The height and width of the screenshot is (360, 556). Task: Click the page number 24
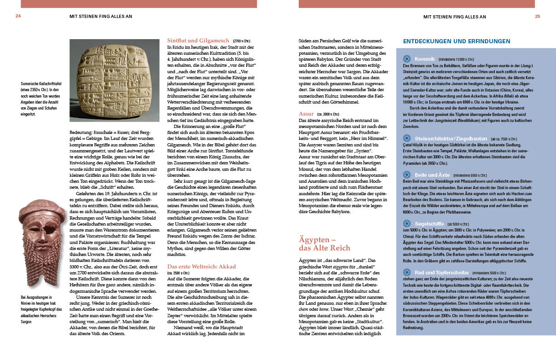pos(18,17)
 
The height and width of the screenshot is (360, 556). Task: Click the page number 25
pos(537,17)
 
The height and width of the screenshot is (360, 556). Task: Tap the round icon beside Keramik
pos(407,59)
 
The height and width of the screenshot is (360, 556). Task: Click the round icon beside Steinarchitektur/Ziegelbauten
pos(407,138)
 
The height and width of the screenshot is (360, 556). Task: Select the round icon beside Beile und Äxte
pos(407,175)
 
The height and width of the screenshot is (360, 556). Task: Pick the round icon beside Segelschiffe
pos(407,224)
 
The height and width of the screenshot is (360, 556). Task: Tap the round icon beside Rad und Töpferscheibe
pos(407,272)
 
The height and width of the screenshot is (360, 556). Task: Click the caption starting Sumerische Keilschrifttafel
pos(41,99)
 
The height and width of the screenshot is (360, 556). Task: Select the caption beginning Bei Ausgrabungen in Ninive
pos(41,309)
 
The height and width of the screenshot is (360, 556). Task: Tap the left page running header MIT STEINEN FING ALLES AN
pos(101,17)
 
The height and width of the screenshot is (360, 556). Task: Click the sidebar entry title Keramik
pos(425,59)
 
